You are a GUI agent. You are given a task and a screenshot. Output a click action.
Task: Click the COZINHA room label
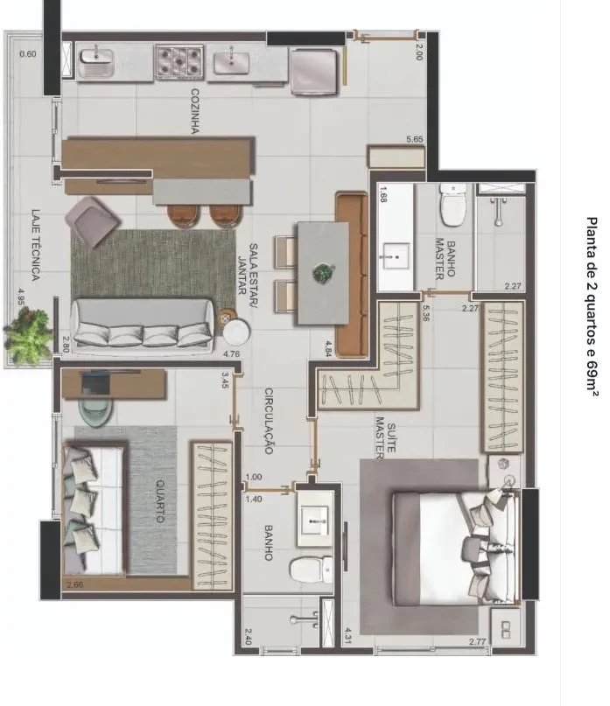coord(195,111)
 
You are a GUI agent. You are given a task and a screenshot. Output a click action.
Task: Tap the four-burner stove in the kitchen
coord(179,62)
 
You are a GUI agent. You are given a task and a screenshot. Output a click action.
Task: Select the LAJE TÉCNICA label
coord(36,244)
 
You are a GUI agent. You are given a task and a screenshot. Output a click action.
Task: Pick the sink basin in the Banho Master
coord(396,256)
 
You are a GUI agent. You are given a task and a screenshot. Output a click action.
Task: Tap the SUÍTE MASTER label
coord(386,437)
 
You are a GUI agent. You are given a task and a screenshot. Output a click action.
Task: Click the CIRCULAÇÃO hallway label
coord(269,421)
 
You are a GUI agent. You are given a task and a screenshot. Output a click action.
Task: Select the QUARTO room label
coord(160,501)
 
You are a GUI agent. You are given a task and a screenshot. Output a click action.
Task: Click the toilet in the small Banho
coord(311,570)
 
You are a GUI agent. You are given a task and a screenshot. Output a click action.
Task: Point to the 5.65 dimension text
coord(415,139)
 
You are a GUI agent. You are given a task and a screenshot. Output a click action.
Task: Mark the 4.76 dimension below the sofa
coord(231,354)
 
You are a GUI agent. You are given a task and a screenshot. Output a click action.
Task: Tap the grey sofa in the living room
coord(144,324)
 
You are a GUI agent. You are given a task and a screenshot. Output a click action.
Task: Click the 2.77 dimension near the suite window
coord(477,641)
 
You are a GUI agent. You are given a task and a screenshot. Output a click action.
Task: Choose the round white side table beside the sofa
coord(236,332)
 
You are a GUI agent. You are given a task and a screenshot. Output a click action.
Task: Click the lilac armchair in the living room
coord(93,221)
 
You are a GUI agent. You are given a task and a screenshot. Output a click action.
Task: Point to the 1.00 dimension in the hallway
coord(254,478)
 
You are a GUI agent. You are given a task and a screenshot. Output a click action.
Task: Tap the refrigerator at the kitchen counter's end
coord(314,72)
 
